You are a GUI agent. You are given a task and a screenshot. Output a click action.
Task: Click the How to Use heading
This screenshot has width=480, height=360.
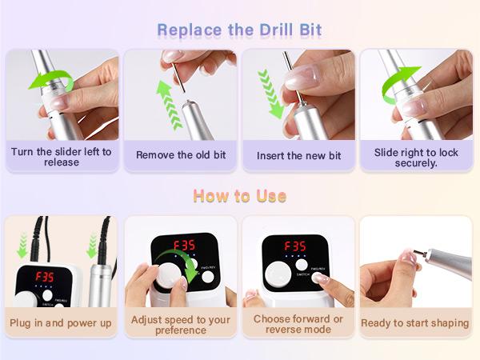tap(240, 196)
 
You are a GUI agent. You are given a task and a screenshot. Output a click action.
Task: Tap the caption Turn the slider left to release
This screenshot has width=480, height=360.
tap(62, 156)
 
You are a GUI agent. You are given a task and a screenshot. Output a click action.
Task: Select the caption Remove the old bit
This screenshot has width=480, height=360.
tap(180, 155)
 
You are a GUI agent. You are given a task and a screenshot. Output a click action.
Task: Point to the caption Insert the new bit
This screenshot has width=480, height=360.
tap(298, 155)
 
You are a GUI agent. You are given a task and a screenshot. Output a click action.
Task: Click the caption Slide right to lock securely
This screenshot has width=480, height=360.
tap(417, 156)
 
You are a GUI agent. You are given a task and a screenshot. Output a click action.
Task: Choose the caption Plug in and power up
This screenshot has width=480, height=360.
tap(62, 323)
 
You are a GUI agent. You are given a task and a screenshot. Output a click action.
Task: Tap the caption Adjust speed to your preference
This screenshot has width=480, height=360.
tap(180, 323)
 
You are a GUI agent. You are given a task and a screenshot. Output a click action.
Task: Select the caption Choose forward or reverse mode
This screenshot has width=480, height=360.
tap(298, 323)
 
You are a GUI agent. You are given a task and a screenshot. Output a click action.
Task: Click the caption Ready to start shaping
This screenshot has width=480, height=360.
tap(417, 323)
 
